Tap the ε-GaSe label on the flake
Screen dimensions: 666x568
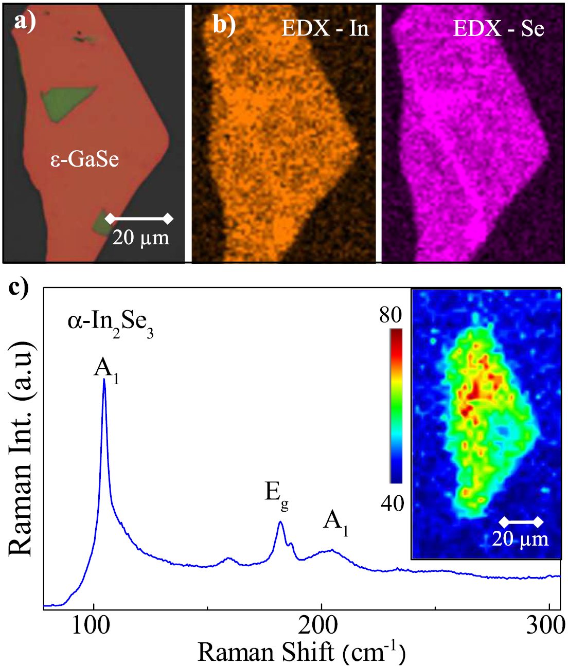tap(85, 159)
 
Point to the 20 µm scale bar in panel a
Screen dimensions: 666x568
tap(139, 219)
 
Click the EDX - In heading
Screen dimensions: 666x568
tap(325, 28)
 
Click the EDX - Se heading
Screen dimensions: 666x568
tap(498, 28)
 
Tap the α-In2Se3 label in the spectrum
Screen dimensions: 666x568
tap(111, 324)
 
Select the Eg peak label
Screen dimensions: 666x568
tap(276, 494)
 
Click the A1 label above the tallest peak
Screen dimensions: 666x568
tap(106, 369)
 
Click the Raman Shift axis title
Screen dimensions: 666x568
tap(301, 652)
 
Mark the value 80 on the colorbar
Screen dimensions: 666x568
tap(390, 315)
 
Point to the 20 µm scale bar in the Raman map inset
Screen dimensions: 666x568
tap(521, 523)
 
